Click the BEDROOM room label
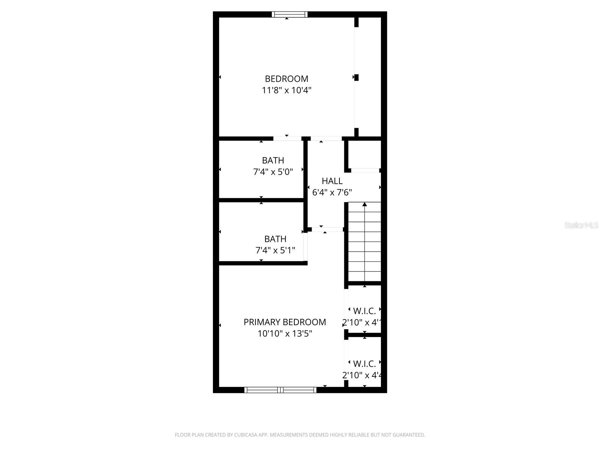point(286,79)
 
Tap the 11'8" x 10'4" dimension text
point(286,90)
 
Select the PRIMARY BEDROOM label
point(285,322)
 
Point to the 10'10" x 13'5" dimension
point(285,333)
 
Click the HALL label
point(332,181)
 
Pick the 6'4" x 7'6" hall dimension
point(332,193)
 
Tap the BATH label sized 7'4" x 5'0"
point(273,160)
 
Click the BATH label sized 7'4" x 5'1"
point(275,239)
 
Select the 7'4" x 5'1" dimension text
point(275,250)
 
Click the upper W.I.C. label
point(364,311)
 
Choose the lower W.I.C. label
point(364,364)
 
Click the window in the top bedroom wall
point(289,15)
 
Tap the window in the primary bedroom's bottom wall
point(280,390)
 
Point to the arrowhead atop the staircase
point(364,204)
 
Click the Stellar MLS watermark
point(581,225)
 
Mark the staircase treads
point(364,244)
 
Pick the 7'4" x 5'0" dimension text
point(273,172)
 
